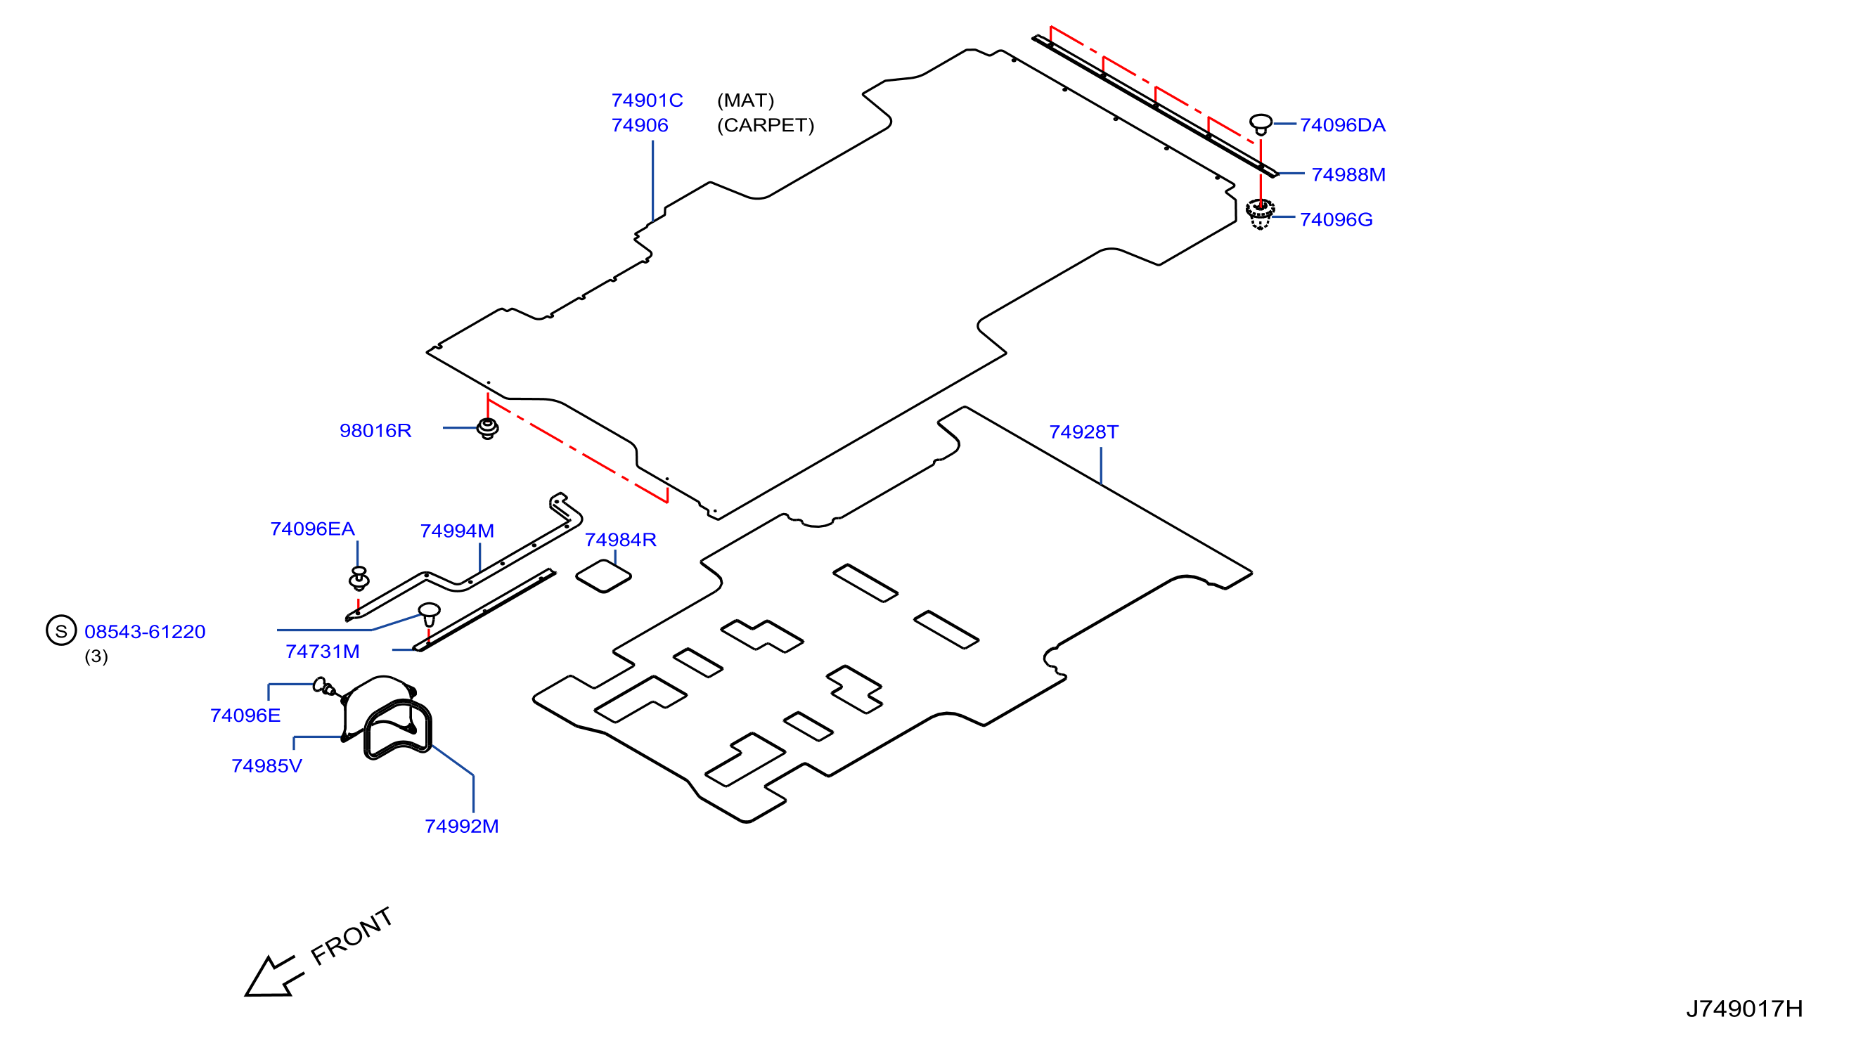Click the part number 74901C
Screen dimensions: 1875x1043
tap(646, 101)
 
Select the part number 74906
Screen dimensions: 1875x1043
tap(639, 125)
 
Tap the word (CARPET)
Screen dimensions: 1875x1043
tap(765, 125)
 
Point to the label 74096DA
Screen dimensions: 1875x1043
tap(1342, 125)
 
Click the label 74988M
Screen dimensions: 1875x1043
tap(1348, 175)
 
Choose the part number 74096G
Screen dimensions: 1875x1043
tap(1336, 219)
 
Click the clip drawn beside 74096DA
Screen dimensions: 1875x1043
tap(1261, 124)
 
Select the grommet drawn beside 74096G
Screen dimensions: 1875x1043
tap(1260, 213)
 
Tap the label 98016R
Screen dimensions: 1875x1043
tap(375, 430)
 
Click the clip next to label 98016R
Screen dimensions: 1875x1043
tap(488, 429)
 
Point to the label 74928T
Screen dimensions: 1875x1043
tap(1083, 432)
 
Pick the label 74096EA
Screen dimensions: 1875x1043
tap(312, 529)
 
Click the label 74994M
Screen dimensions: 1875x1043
tap(456, 531)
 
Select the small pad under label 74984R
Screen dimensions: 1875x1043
tap(603, 576)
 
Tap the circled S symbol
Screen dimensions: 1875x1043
tap(61, 630)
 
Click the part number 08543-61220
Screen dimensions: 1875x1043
tap(145, 631)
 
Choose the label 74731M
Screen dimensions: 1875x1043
tap(323, 652)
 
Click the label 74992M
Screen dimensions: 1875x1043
tap(461, 826)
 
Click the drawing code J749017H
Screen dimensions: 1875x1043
tap(1744, 1008)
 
